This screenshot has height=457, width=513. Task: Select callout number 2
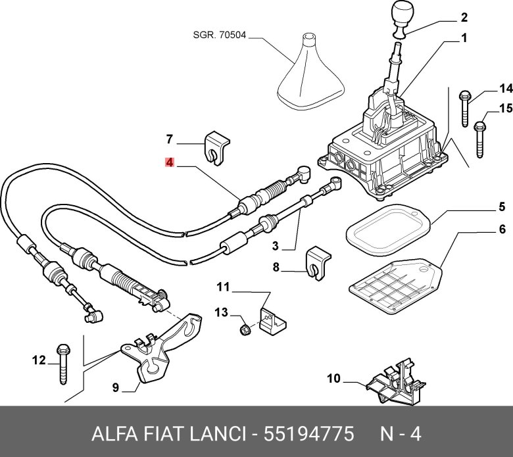point(464,17)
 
